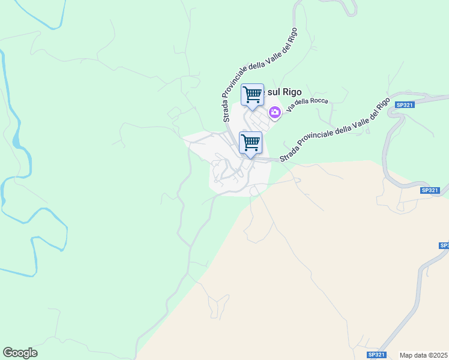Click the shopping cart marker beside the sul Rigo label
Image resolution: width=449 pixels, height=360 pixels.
pyautogui.click(x=253, y=95)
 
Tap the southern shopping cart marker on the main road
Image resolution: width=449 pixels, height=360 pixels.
pyautogui.click(x=250, y=143)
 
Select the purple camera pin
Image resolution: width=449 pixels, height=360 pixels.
pyautogui.click(x=275, y=112)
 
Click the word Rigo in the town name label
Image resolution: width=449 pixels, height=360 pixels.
pyautogui.click(x=291, y=92)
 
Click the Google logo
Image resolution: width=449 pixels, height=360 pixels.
pyautogui.click(x=20, y=353)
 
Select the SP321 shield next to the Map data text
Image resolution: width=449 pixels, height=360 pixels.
pyautogui.click(x=376, y=355)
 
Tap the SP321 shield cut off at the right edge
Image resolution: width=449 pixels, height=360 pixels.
pyautogui.click(x=444, y=245)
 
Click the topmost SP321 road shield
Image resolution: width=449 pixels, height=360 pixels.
pyautogui.click(x=405, y=105)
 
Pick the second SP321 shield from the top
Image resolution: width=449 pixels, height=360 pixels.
pyautogui.click(x=430, y=190)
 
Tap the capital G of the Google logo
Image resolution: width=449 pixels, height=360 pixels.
pyautogui.click(x=8, y=353)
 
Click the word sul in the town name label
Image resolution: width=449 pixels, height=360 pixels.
pyautogui.click(x=273, y=92)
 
